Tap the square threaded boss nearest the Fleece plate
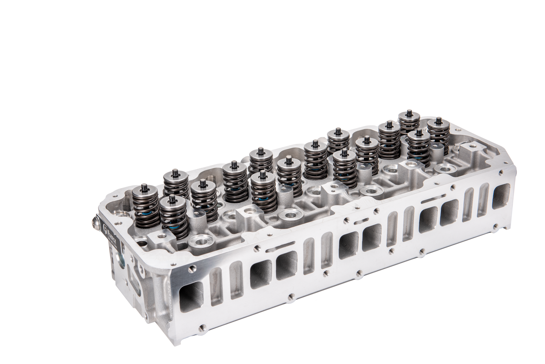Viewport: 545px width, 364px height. (158, 238)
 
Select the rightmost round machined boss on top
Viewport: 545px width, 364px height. (445, 168)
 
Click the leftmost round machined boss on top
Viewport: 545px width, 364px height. (200, 240)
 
